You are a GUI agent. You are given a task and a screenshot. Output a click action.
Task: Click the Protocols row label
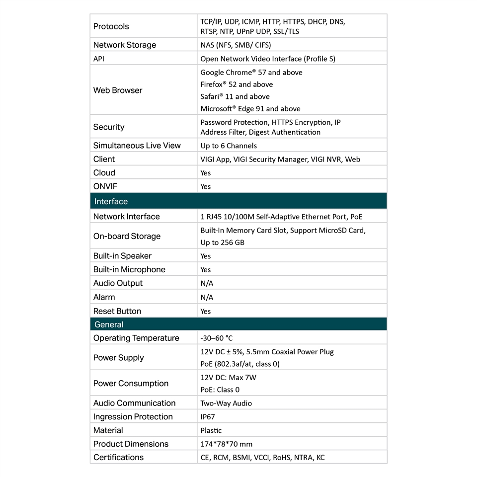tap(111, 26)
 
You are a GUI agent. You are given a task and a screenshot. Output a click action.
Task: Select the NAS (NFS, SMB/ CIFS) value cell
tap(236, 45)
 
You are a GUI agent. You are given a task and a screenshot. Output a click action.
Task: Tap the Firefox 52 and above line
tap(237, 84)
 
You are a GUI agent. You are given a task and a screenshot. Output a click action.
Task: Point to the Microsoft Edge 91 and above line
tap(250, 108)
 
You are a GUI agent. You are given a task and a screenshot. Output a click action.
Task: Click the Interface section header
tap(111, 201)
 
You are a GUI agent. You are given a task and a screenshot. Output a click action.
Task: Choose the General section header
tap(109, 324)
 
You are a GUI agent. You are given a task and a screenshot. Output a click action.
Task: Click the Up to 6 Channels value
tap(229, 146)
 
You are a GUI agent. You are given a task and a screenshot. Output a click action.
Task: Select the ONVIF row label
tap(105, 186)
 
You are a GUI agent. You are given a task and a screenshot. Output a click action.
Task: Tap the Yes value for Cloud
tap(206, 173)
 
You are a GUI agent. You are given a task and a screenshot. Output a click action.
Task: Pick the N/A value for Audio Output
tap(207, 283)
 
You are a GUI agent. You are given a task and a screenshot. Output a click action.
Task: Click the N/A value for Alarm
tap(207, 297)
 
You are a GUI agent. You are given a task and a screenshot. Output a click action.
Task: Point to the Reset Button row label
tap(117, 311)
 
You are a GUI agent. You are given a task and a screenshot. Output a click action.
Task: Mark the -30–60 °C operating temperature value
tap(217, 338)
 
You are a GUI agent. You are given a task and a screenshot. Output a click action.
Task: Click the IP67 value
tap(208, 417)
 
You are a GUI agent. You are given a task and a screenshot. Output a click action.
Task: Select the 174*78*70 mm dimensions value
tap(227, 444)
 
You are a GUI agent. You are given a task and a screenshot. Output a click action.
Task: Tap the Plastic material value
tap(211, 430)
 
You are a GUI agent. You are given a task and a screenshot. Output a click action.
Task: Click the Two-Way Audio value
tap(226, 403)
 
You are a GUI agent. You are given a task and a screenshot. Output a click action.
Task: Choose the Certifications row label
tap(118, 457)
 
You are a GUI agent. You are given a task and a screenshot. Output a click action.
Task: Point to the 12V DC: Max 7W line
tap(229, 377)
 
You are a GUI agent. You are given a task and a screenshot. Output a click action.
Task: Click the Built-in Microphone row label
tap(129, 269)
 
